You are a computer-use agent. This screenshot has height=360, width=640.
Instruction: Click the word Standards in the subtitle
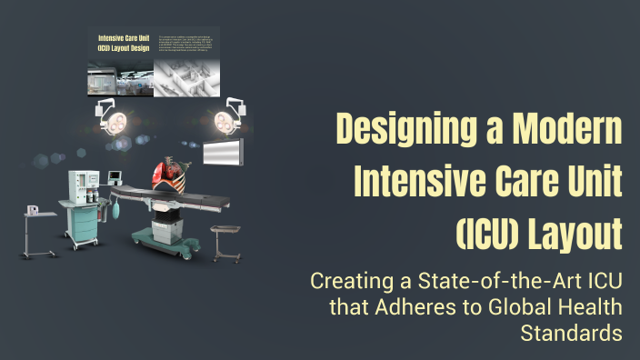tap(571, 333)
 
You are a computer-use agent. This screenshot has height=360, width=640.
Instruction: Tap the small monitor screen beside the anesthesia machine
tap(115, 175)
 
